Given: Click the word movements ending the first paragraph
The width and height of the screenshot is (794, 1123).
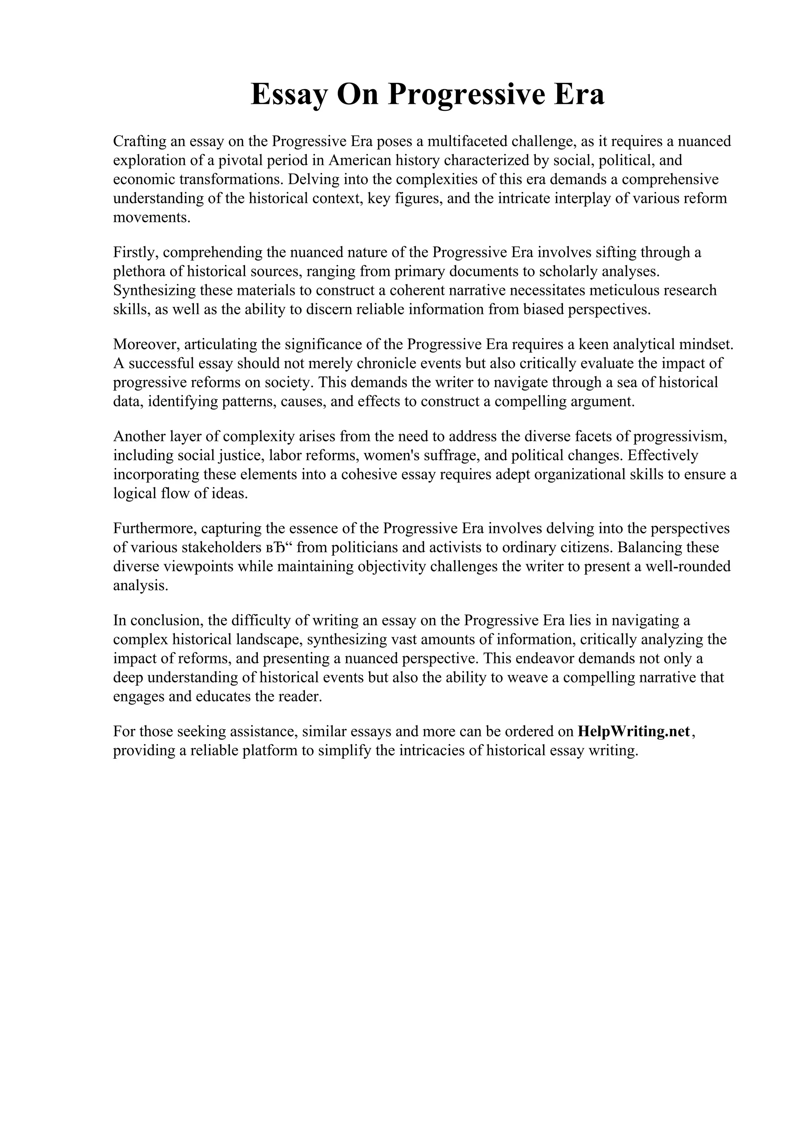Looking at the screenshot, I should pos(151,218).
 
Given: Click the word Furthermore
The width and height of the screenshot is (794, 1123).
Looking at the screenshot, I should pos(155,529).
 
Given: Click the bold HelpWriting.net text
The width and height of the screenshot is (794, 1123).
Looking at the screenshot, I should pos(633,732).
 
